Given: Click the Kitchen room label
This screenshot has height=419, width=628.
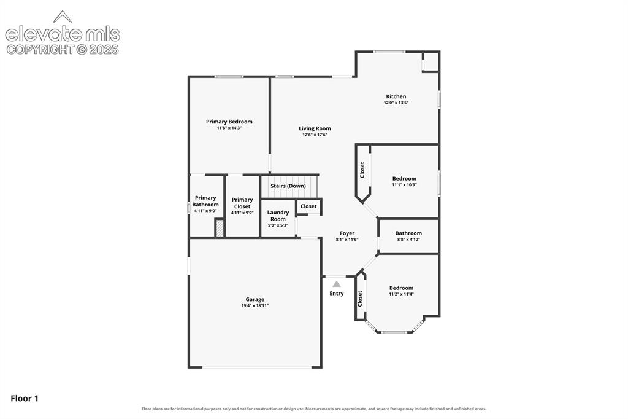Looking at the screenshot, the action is click(x=396, y=96).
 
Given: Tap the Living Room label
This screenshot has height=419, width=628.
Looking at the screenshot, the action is click(x=315, y=128).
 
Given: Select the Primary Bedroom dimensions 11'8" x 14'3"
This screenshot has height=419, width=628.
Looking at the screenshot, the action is click(x=229, y=128).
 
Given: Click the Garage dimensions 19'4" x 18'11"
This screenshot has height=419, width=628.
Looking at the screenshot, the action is click(x=255, y=305).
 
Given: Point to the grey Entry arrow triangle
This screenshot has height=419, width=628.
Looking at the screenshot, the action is click(x=337, y=284).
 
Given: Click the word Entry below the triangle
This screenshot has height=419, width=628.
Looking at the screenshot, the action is click(x=337, y=294).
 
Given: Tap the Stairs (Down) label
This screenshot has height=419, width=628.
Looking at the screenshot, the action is click(x=288, y=186).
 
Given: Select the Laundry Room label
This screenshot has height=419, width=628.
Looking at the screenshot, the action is click(x=278, y=216).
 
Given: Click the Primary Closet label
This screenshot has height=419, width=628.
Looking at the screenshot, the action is click(x=242, y=203).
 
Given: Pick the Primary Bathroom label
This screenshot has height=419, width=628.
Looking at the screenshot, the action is click(x=205, y=201).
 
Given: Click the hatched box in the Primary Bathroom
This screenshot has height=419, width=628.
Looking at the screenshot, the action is click(x=219, y=228).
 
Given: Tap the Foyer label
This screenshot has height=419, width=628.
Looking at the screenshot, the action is click(x=347, y=233).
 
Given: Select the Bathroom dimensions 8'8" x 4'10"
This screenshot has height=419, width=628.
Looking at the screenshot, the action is click(x=408, y=240).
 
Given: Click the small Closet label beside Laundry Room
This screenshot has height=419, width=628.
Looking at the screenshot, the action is click(x=308, y=206).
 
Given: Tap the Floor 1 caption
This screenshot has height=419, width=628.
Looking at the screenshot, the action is click(x=25, y=399).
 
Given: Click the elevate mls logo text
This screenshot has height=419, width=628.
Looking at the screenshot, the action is click(x=63, y=34).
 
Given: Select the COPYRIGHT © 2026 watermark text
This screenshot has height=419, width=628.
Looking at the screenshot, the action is click(x=63, y=50).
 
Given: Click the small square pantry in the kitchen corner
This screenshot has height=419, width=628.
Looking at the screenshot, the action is click(x=431, y=61).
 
